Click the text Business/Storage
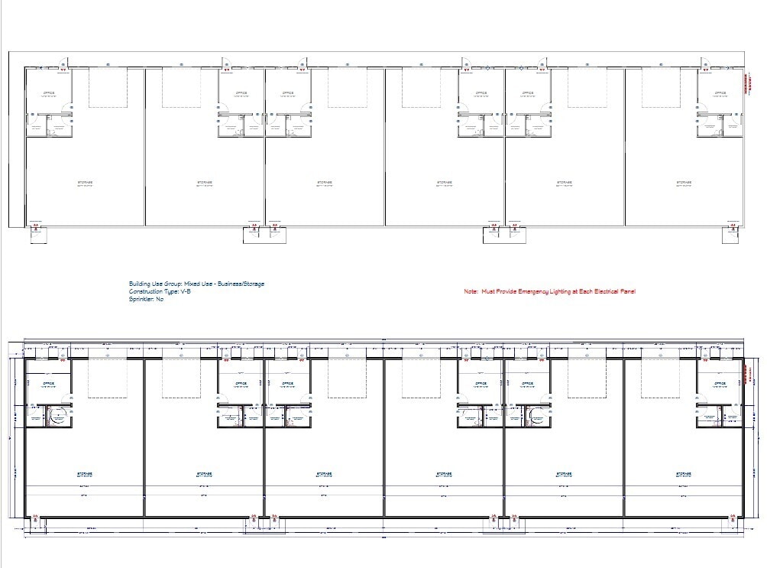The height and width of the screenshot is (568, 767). click(244, 284)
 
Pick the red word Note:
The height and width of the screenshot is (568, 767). click(471, 292)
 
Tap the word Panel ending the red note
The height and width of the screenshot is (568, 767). click(628, 292)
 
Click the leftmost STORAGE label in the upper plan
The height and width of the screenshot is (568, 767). click(84, 182)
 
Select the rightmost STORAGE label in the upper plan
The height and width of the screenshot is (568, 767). click(683, 182)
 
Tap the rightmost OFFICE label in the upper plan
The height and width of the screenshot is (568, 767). click(720, 93)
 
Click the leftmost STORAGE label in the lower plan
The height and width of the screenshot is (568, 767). click(84, 473)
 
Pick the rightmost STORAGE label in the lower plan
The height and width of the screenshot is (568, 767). click(683, 473)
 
